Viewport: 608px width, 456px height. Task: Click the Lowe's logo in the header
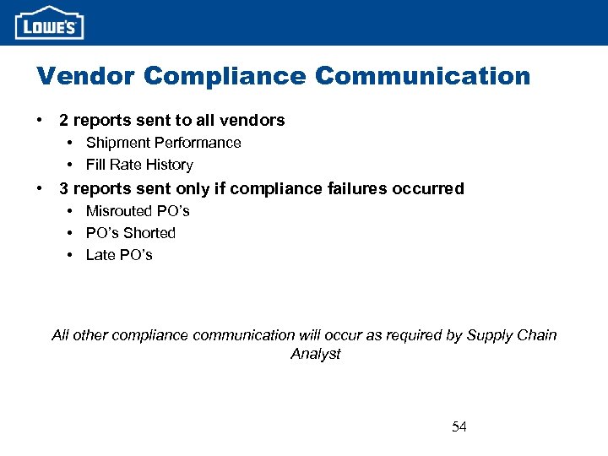click(50, 23)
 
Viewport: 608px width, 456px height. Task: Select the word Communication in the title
click(422, 76)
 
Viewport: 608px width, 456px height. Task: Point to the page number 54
click(459, 426)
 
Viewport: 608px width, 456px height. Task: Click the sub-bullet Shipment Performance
click(163, 143)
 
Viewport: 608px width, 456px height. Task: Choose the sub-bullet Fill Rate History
click(139, 165)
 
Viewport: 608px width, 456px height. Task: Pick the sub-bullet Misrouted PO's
click(138, 210)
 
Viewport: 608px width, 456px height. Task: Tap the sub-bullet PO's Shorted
click(131, 232)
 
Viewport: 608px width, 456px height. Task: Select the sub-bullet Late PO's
click(119, 254)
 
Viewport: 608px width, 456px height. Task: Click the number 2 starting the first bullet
click(63, 121)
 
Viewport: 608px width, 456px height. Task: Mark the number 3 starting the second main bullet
click(63, 188)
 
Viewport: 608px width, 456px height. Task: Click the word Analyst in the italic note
click(315, 354)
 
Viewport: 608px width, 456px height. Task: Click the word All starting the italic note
click(60, 335)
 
